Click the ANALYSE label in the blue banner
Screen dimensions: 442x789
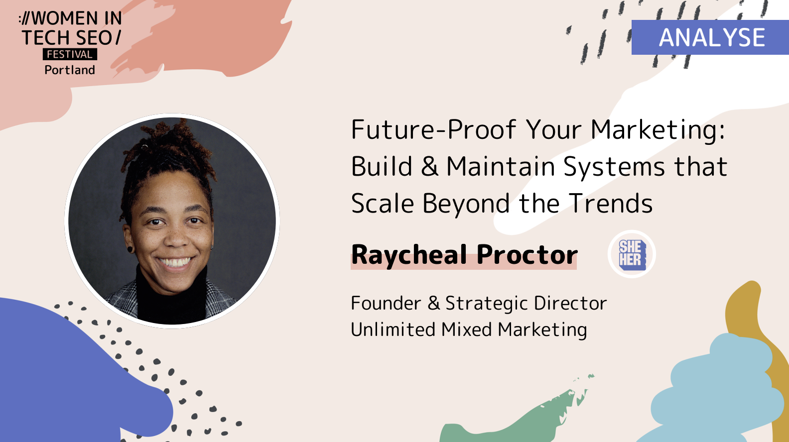[x=712, y=38]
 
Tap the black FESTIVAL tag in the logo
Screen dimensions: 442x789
[x=70, y=54]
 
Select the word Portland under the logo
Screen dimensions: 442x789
[x=70, y=70]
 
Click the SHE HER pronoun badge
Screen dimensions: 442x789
[x=632, y=254]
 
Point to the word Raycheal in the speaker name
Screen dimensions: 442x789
[x=409, y=255]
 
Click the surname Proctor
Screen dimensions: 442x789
[x=527, y=255]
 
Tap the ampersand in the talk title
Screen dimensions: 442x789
[x=429, y=167]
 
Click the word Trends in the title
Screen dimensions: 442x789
[x=611, y=204]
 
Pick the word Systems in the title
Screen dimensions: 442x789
[x=614, y=167]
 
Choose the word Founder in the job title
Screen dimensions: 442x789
[x=386, y=303]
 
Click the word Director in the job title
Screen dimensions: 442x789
[x=570, y=303]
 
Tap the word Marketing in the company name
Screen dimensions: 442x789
[x=542, y=330]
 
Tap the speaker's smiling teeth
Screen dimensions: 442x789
[x=174, y=262]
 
